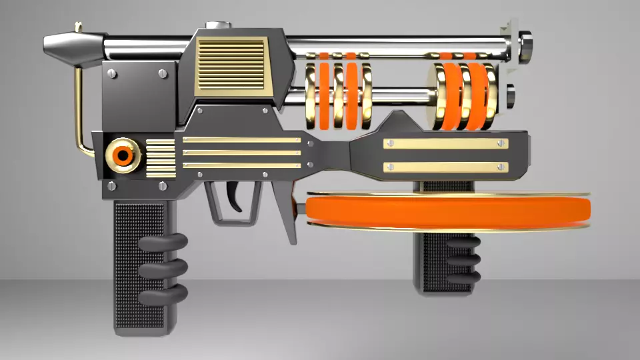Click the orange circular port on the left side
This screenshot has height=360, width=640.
pyautogui.click(x=123, y=155)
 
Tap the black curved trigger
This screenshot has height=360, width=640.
pyautogui.click(x=235, y=196)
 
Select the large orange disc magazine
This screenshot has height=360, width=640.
pyautogui.click(x=448, y=211)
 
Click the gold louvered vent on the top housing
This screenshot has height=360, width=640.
pyautogui.click(x=231, y=64)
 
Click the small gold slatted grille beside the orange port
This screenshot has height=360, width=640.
pyautogui.click(x=160, y=158)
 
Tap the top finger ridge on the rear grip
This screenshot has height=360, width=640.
pyautogui.click(x=163, y=244)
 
